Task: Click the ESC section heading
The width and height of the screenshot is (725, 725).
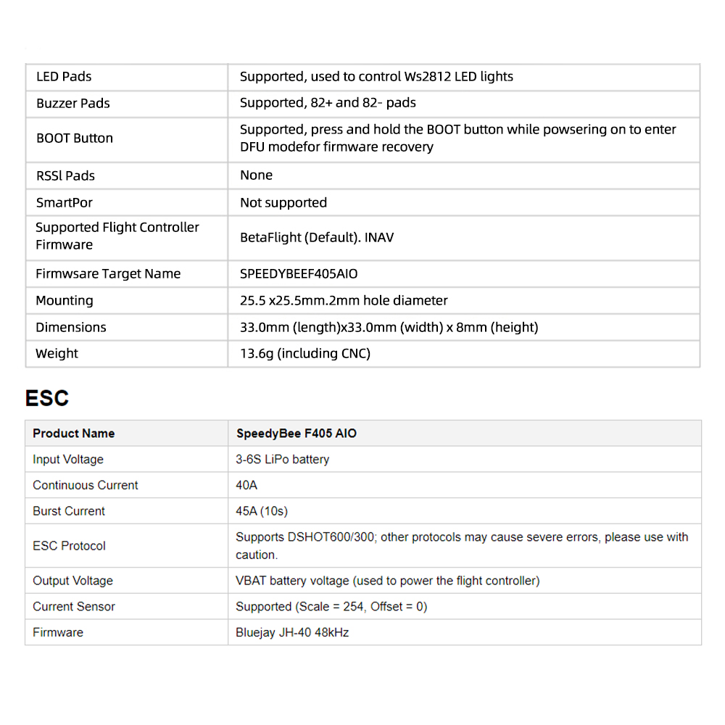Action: [x=47, y=398]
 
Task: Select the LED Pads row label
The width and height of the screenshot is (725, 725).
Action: [x=64, y=77]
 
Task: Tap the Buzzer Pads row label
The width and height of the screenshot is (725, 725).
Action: [x=73, y=103]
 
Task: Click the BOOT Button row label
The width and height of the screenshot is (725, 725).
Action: [x=75, y=138]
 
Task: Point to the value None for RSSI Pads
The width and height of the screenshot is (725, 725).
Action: [x=257, y=175]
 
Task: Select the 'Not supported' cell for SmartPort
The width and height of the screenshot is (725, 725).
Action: [x=283, y=203]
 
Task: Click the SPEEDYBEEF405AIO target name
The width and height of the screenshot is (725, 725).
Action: [x=299, y=274]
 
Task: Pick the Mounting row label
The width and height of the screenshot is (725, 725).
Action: [x=65, y=300]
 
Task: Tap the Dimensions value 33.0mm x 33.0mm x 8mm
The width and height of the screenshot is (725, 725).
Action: [x=389, y=327]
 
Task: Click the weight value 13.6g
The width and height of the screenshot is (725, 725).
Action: [x=305, y=354]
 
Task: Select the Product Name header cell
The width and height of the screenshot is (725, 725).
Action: [x=74, y=434]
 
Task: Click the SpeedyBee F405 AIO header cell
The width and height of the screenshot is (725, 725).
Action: [x=297, y=434]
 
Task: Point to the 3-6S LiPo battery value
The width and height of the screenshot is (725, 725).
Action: [x=283, y=459]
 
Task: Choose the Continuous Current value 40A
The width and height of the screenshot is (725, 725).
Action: [x=246, y=485]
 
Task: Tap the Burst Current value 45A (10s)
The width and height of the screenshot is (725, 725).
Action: [x=262, y=511]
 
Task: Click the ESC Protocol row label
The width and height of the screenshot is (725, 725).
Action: [x=70, y=546]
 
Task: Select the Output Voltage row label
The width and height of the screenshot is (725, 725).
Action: [x=73, y=581]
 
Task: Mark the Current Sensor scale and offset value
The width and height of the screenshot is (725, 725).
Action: [x=331, y=607]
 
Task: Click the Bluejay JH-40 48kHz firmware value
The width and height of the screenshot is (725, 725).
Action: [x=292, y=633]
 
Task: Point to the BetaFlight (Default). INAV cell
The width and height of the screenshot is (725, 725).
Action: [x=317, y=237]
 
